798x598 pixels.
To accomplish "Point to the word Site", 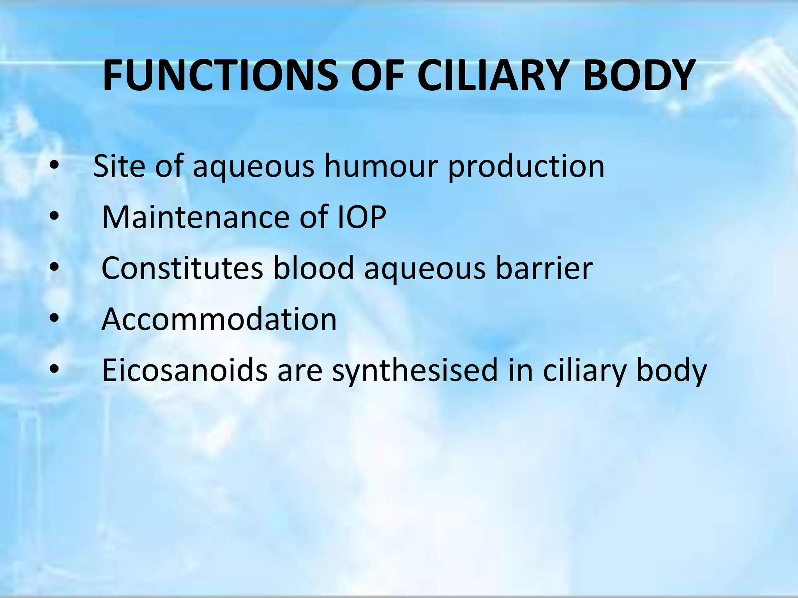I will tap(119, 166).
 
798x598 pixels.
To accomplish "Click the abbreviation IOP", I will tap(361, 217).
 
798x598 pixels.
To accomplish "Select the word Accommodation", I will tap(219, 319).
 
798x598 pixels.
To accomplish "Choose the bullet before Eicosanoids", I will tap(54, 370).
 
